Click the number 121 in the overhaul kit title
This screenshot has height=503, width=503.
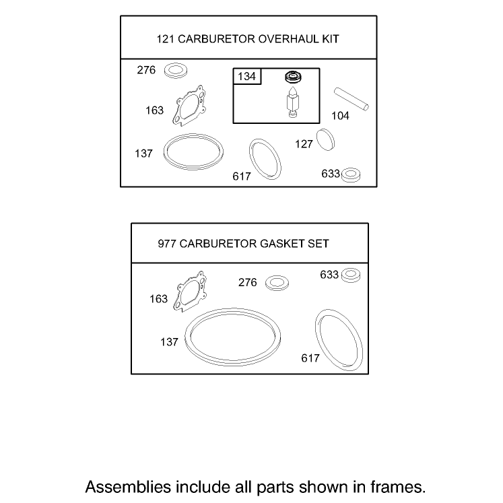pos(165,39)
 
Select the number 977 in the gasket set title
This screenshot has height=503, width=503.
pos(167,244)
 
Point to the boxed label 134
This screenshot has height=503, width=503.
pos(246,76)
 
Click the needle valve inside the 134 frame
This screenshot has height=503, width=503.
pos(293,102)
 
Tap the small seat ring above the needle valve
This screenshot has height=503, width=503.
pos(293,77)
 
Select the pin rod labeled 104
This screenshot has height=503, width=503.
pos(351,99)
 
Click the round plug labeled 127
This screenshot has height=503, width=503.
pos(325,139)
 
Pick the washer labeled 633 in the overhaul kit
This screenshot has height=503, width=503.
pos(351,175)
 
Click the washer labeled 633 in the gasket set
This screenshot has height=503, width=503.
pos(351,275)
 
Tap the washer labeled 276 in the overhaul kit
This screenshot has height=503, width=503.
pos(176,70)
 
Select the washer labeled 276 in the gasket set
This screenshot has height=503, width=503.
pos(277,283)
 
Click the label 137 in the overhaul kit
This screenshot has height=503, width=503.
pos(143,154)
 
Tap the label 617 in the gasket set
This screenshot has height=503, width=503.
pos(310,358)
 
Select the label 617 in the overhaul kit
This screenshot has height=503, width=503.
pos(242,176)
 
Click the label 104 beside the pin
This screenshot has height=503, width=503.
pos(340,116)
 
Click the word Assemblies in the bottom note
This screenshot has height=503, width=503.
pos(128,487)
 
